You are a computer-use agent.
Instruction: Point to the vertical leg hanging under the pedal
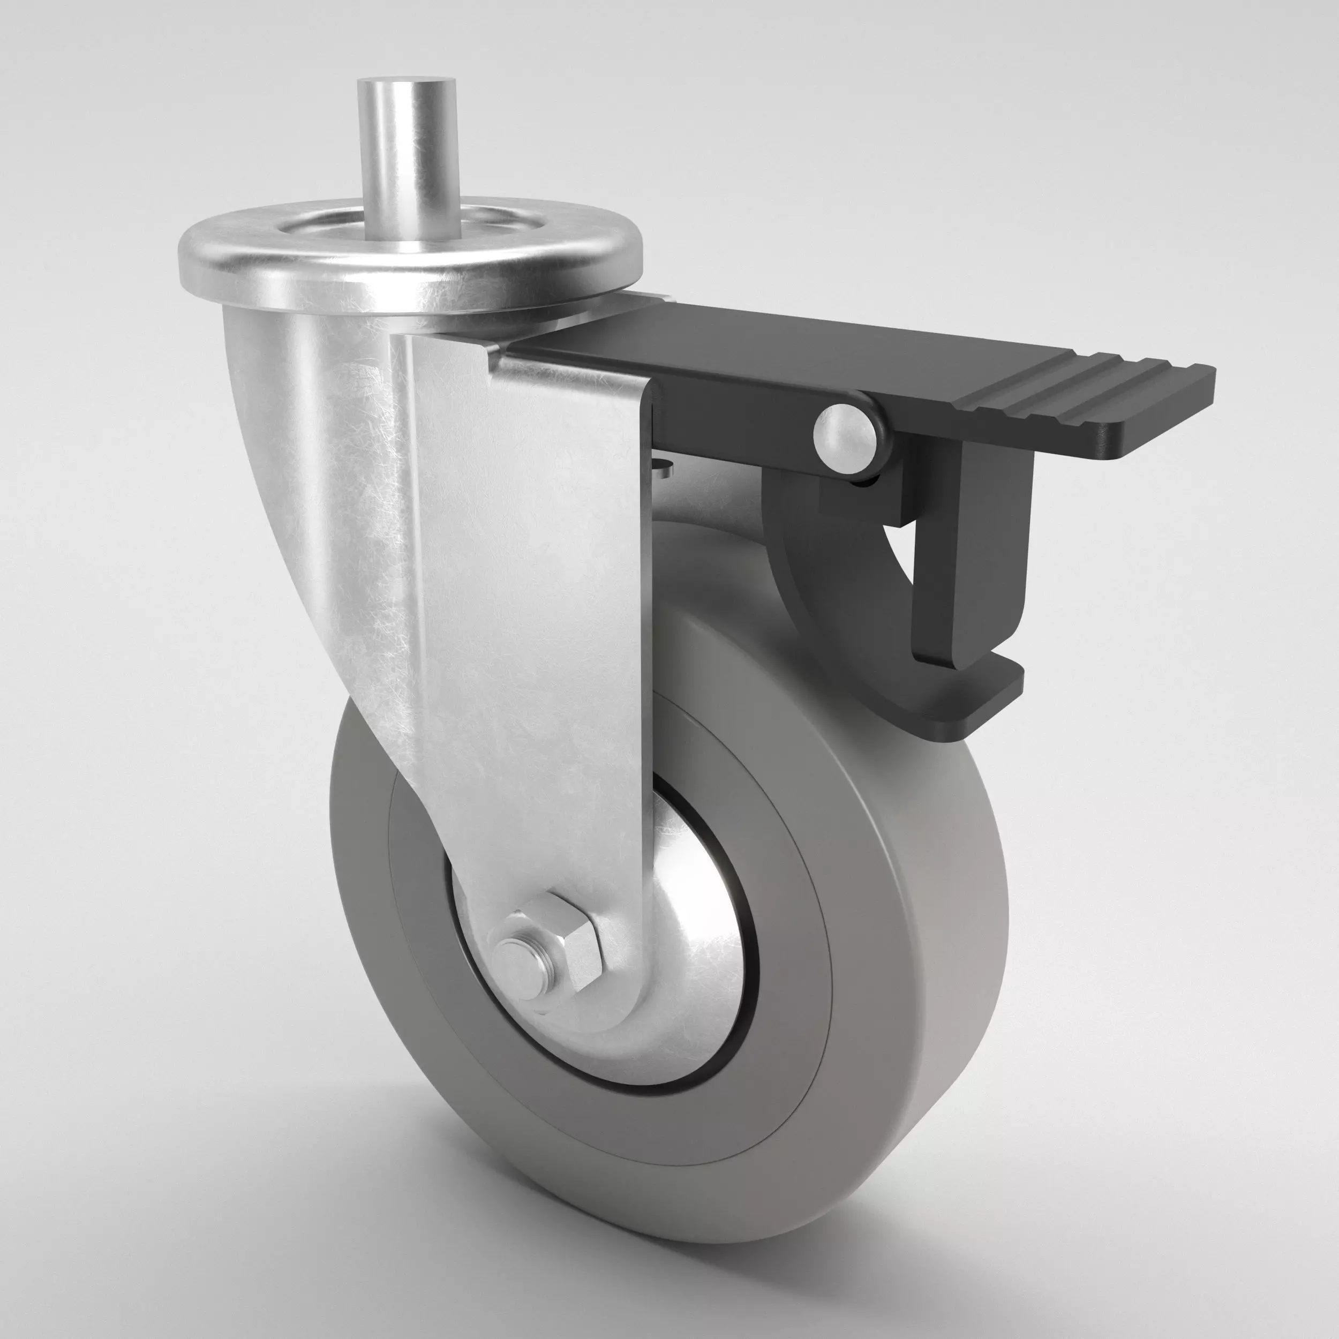click(x=971, y=554)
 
